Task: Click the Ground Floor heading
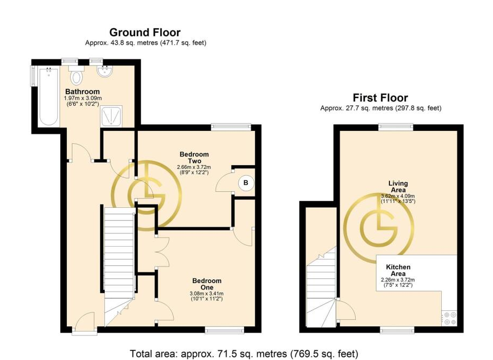tap(145, 33)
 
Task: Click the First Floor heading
tap(380, 98)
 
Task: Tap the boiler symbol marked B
tap(246, 183)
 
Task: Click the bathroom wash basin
tap(105, 72)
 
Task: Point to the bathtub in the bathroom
tap(49, 97)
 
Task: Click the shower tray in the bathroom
tap(112, 116)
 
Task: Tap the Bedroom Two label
tap(194, 158)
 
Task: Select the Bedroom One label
tap(207, 284)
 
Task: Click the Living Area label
tap(398, 186)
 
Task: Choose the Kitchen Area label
tap(398, 270)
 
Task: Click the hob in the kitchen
tap(449, 318)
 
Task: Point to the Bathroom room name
tap(82, 91)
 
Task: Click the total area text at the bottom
tap(244, 354)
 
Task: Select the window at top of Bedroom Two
tap(231, 127)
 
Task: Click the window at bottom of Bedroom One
tap(224, 330)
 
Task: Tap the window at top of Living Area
tap(396, 127)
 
